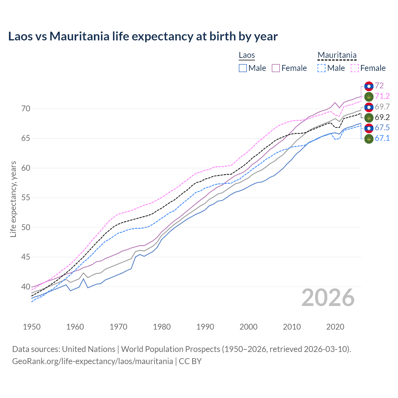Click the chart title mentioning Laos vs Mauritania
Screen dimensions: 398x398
[143, 36]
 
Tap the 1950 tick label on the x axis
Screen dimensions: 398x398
[32, 327]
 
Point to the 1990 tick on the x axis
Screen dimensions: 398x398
[205, 327]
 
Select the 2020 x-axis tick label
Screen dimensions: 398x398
[335, 327]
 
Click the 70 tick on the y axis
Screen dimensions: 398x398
[26, 109]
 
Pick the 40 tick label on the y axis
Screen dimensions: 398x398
[26, 287]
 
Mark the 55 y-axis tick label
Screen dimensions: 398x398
[26, 198]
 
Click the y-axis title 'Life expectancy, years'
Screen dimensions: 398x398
[13, 199]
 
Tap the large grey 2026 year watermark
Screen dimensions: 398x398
[328, 298]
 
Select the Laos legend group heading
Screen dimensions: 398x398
[247, 55]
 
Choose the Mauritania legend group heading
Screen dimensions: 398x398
[337, 55]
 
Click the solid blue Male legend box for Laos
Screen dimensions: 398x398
[243, 68]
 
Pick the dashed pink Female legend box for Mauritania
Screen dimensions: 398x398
[355, 68]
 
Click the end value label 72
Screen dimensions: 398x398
[379, 86]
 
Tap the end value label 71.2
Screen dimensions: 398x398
[382, 96]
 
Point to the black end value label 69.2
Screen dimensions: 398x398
[382, 118]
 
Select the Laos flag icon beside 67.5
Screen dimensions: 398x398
[369, 128]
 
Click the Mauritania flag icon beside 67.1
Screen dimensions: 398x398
[369, 139]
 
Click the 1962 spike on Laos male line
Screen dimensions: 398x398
[83, 279]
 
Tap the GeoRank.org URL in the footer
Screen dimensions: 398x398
[92, 361]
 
